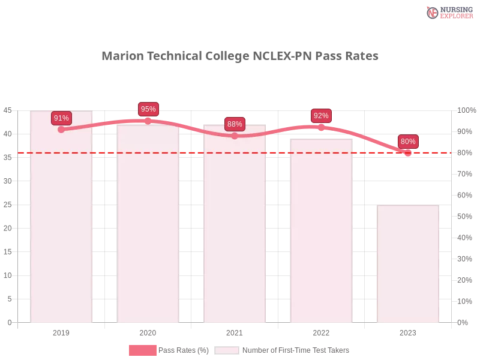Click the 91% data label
point(61,118)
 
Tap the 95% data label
point(148,109)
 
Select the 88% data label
point(235,124)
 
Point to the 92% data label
point(321,116)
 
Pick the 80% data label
point(408,142)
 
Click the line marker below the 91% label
point(61,130)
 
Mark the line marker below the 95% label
point(148,121)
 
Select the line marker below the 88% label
point(235,136)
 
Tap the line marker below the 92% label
point(321,127)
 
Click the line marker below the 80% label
point(408,153)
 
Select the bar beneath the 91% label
point(62,228)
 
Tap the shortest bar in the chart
point(408,264)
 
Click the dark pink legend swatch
point(142,350)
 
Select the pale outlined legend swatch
point(227,350)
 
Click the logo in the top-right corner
point(448,12)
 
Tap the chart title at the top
point(240,56)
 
